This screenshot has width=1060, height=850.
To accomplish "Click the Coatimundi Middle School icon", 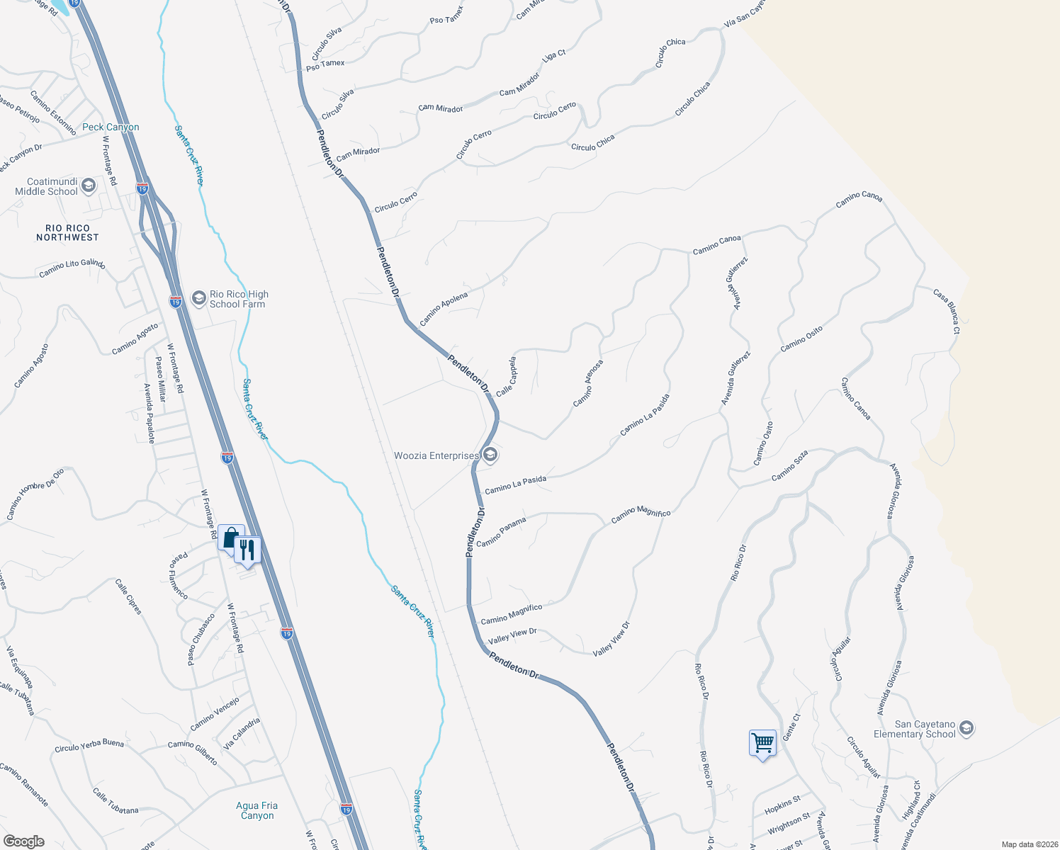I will click(x=89, y=186).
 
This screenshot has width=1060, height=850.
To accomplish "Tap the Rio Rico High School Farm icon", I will click(x=199, y=299).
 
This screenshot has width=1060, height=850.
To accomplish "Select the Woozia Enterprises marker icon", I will click(x=490, y=455).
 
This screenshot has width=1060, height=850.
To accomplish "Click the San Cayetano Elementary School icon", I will click(x=966, y=728).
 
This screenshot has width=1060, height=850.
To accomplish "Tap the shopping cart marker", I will click(x=762, y=744).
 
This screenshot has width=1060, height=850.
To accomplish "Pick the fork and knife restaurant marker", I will click(x=247, y=550).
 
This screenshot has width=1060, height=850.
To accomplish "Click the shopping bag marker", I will click(x=230, y=538).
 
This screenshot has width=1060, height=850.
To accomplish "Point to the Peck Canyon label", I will click(x=111, y=127).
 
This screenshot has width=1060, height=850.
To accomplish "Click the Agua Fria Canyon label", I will click(x=257, y=810).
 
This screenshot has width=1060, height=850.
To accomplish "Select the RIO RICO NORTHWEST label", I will click(x=67, y=233).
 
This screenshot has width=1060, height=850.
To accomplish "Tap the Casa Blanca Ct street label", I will click(x=947, y=311).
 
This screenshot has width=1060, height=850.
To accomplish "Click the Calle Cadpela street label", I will click(x=507, y=376).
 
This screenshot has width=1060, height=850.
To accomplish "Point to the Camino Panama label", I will click(x=501, y=532).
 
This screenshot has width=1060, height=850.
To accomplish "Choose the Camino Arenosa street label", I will click(x=588, y=383).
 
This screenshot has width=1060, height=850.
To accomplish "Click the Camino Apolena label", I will click(x=444, y=309).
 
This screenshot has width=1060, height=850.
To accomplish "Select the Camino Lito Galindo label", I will click(x=72, y=268).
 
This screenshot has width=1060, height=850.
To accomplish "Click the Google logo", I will click(x=23, y=841).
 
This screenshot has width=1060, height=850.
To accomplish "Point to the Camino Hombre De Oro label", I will click(x=35, y=494).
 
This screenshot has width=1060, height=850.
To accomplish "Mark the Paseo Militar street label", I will click(x=160, y=379).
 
